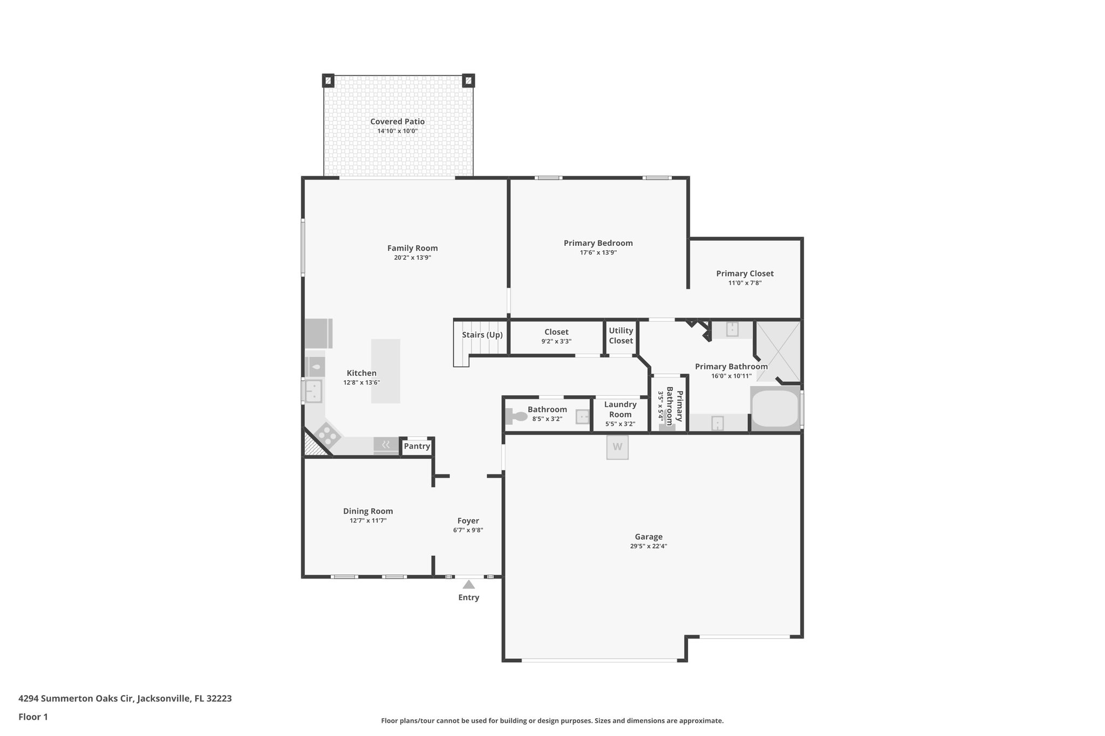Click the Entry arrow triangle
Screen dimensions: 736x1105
(x=468, y=584)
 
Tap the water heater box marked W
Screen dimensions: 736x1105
(x=617, y=447)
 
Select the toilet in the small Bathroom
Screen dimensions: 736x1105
(x=517, y=416)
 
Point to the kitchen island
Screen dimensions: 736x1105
(x=386, y=371)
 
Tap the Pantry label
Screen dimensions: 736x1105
(x=417, y=446)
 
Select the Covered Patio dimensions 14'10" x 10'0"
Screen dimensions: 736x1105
(x=397, y=131)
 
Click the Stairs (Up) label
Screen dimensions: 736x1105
(x=482, y=335)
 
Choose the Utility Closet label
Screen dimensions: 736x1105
(x=620, y=335)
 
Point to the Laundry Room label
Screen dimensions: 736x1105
(x=620, y=409)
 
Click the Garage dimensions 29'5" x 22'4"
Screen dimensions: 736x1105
(x=648, y=546)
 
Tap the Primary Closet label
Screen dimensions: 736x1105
(x=745, y=273)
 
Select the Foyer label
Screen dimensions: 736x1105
(x=468, y=520)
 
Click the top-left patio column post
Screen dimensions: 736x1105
(x=328, y=81)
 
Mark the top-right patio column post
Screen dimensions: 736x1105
(x=468, y=81)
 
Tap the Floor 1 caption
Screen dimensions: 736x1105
(x=33, y=717)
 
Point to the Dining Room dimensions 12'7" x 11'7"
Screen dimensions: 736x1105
(x=368, y=520)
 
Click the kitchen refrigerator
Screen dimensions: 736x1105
(x=318, y=333)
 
